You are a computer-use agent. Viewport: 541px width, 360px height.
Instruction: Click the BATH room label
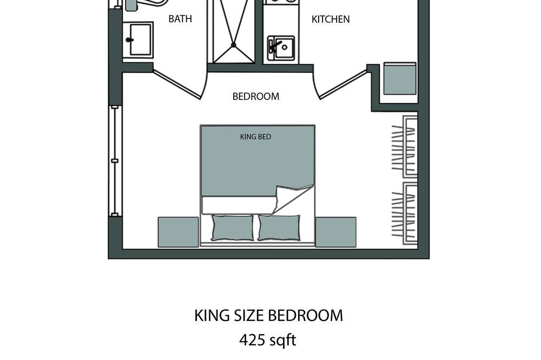[x=180, y=18]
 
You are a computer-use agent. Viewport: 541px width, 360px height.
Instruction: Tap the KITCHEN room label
[x=331, y=19]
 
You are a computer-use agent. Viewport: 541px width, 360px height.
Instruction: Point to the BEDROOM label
[x=256, y=97]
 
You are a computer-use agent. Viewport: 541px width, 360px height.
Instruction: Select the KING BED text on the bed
[x=256, y=137]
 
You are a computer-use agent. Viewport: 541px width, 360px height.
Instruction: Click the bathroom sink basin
[x=138, y=39]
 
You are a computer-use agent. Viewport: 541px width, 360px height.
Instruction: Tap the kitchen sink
[x=281, y=49]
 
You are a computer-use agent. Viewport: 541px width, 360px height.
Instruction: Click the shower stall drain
[x=234, y=45]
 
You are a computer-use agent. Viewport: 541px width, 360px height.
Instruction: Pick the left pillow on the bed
[x=232, y=228]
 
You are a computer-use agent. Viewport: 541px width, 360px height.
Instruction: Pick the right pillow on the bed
[x=279, y=228]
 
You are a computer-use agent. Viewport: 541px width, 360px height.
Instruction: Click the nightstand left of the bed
[x=178, y=232]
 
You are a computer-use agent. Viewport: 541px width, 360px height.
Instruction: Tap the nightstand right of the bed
[x=336, y=232]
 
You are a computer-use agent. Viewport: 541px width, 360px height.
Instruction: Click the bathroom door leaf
[x=177, y=85]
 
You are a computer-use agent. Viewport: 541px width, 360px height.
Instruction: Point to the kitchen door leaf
[x=343, y=85]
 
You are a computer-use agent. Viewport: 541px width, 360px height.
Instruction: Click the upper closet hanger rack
[x=404, y=147]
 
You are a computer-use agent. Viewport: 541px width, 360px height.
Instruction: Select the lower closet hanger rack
[x=404, y=214]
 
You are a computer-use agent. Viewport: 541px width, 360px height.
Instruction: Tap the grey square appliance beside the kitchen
[x=400, y=78]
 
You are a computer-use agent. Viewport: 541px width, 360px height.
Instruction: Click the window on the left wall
[x=115, y=161]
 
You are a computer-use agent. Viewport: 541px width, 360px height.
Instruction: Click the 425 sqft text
[x=268, y=340]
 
